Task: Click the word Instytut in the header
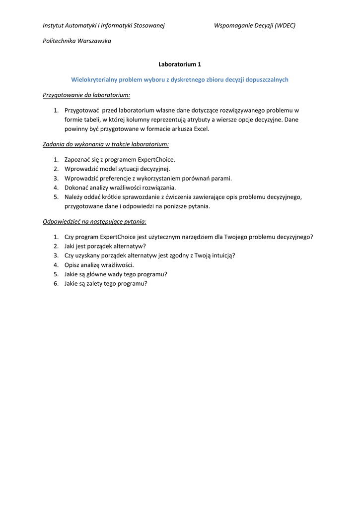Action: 54,26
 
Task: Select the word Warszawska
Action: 94,41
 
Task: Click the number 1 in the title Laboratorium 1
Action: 199,64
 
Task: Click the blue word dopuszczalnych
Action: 267,79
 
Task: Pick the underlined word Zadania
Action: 55,144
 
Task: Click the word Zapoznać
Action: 78,160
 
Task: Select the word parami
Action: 221,178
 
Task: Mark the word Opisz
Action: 72,265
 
